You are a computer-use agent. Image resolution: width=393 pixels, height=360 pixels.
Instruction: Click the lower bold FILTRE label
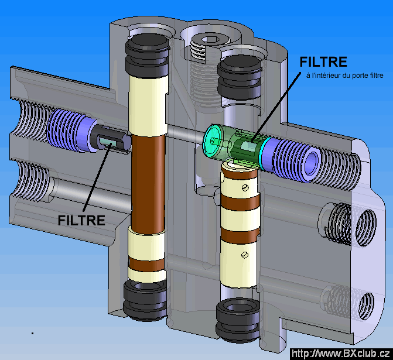pyautogui.click(x=82, y=220)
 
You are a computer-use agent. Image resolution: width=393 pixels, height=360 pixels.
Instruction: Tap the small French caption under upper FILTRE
pyautogui.click(x=340, y=76)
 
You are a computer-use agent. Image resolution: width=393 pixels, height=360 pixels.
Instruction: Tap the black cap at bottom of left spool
pyautogui.click(x=146, y=300)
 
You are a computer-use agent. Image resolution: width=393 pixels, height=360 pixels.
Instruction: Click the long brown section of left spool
pyautogui.click(x=147, y=181)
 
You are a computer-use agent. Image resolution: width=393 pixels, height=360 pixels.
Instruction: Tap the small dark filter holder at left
pyautogui.click(x=110, y=140)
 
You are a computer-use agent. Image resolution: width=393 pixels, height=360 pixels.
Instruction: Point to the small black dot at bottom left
pyautogui.click(x=32, y=332)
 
